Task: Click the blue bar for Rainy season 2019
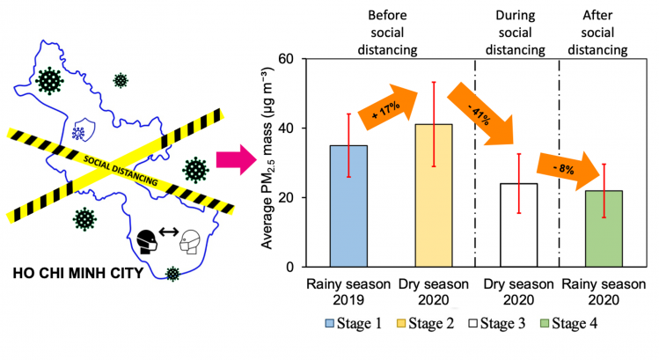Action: pos(348,206)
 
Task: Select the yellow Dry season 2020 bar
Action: pos(434,195)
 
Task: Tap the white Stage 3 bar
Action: pos(518,225)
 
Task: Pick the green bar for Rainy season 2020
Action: pos(604,229)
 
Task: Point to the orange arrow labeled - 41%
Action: pos(480,114)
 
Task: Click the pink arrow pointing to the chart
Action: pos(236,159)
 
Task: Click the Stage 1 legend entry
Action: pos(354,323)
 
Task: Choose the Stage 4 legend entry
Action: pos(568,323)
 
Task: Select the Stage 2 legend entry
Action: pos(425,323)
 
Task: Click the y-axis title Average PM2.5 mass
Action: pos(267,158)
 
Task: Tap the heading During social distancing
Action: pos(516,33)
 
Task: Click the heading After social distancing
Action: pos(597,33)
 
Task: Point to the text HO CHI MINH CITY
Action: pos(78,274)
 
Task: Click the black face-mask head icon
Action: pos(147,242)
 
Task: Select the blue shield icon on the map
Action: pos(84,129)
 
